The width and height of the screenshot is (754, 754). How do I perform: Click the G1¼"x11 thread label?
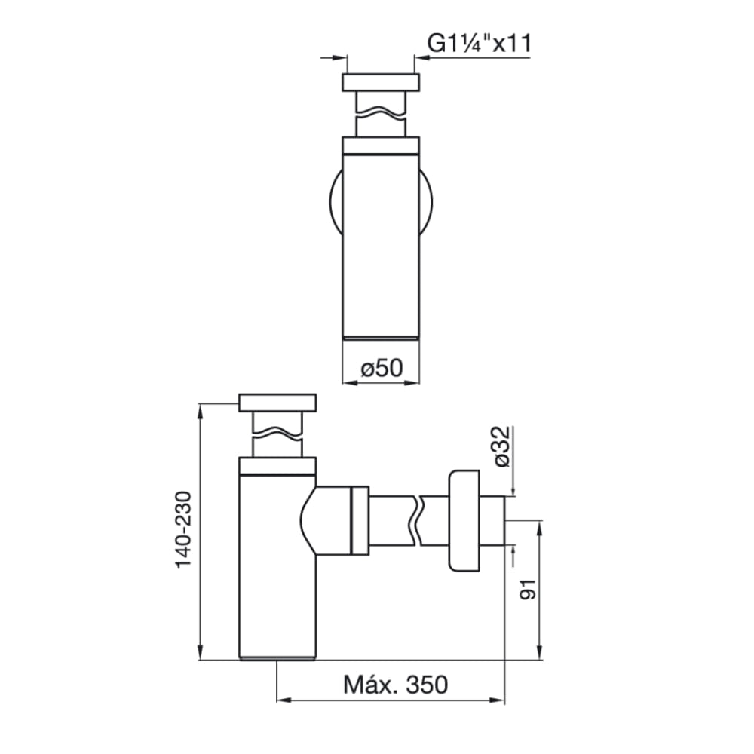[x=480, y=43]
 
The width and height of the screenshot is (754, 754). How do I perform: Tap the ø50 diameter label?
[x=382, y=369]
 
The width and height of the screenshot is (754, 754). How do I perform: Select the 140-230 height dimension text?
[x=184, y=529]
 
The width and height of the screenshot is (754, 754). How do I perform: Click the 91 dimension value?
[x=528, y=590]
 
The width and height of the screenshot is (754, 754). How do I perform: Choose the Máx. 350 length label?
[x=395, y=685]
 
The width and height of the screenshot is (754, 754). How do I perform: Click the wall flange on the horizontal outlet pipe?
[x=464, y=521]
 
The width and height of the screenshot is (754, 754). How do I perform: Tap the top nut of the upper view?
[x=381, y=82]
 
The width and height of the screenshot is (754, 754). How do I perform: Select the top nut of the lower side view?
[x=277, y=403]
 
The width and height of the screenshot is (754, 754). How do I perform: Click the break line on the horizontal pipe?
[x=417, y=521]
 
